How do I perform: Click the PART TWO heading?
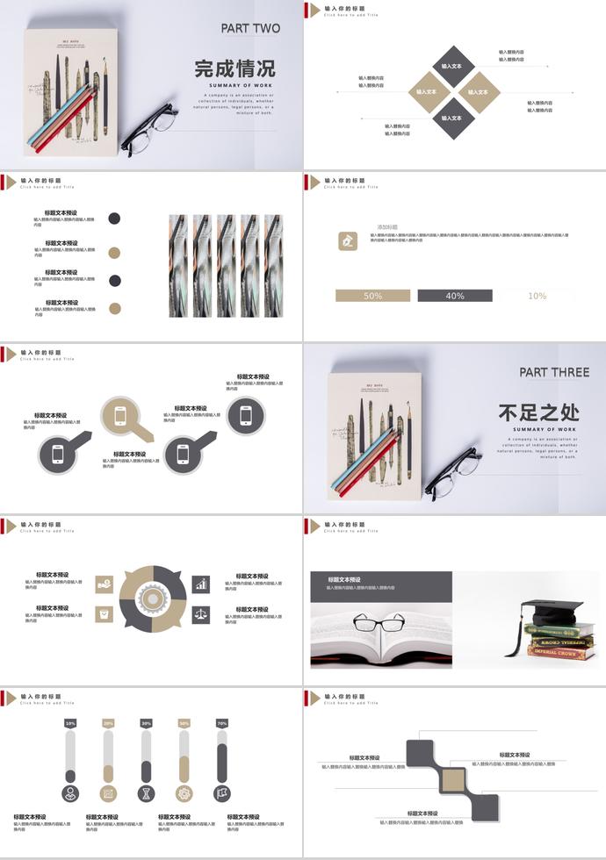pos(250,28)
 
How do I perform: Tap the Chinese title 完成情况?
pos(234,68)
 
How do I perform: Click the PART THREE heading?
pos(553,372)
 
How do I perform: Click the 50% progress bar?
pos(372,296)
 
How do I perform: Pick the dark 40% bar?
pos(454,296)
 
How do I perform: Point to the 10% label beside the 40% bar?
pos(537,296)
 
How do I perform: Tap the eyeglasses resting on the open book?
pos(379,625)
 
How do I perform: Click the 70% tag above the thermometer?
pos(222,723)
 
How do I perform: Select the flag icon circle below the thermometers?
pos(222,793)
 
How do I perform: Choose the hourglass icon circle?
pos(147,793)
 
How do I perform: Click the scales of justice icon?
pos(201,613)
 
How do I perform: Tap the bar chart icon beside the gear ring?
pos(201,584)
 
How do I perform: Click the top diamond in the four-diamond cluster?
pos(451,66)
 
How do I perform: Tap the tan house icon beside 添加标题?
pos(348,240)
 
